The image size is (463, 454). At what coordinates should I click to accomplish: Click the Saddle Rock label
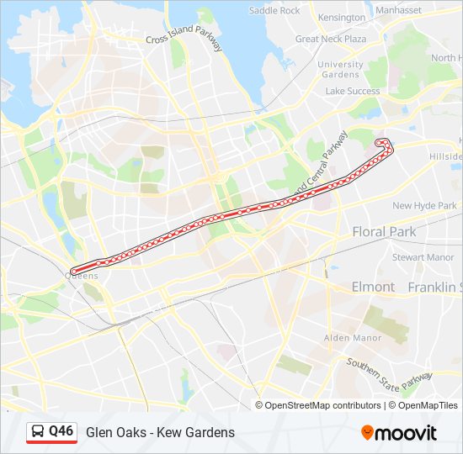(274, 11)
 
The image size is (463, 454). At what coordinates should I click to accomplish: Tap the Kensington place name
(342, 17)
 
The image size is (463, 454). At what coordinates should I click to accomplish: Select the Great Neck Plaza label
(331, 39)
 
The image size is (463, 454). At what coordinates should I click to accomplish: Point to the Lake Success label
(353, 91)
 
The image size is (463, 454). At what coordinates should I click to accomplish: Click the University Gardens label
(340, 69)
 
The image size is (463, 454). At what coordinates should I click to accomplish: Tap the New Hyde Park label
(424, 205)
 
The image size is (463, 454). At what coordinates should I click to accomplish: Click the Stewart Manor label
(423, 257)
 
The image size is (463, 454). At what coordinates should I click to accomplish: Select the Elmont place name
(373, 287)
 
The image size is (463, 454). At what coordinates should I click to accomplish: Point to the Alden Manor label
(354, 338)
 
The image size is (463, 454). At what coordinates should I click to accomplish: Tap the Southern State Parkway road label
(389, 373)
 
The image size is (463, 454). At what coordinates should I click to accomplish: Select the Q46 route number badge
(61, 431)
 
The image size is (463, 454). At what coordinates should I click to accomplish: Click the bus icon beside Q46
(38, 432)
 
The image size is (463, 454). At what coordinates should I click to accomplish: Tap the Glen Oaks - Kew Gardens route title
(160, 432)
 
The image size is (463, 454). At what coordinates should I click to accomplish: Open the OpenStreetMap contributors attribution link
(323, 405)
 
